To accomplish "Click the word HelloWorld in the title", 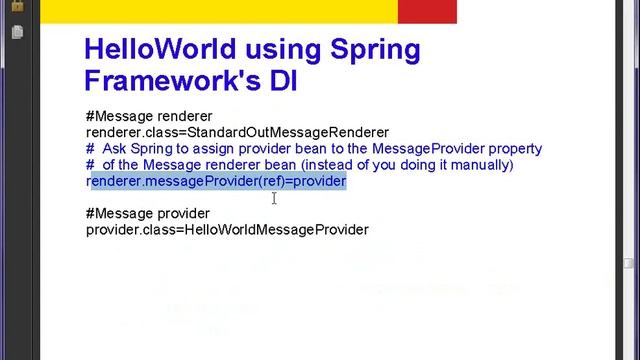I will pos(148,50).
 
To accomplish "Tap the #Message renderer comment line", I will pos(149,116).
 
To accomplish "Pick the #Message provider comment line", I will pos(148,213).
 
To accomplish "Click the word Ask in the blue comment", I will pos(113,148).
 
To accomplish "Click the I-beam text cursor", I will pos(274,198).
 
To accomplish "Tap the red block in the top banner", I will pos(427,11).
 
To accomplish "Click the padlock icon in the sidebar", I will pos(18,12).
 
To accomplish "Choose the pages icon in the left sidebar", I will pos(18,32).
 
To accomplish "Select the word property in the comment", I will pos(516,148).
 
